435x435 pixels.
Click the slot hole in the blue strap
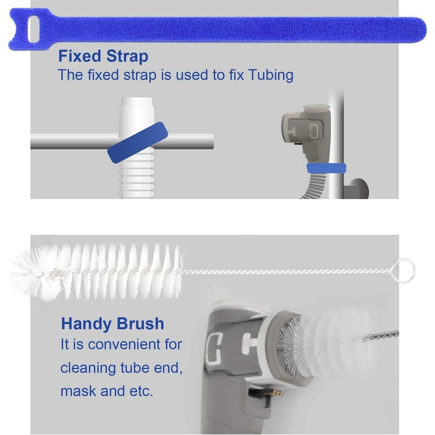tap(34, 29)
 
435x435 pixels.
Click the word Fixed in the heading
tap(79, 56)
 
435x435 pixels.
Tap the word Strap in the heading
tap(127, 57)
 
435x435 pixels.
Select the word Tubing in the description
tap(271, 75)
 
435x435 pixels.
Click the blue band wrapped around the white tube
tap(138, 142)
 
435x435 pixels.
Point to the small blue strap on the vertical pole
tap(326, 169)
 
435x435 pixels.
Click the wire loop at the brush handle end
tap(402, 269)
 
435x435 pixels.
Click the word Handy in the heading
tap(86, 324)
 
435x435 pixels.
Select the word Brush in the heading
tap(140, 324)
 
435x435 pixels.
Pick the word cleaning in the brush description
tap(89, 369)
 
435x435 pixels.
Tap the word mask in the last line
tap(78, 391)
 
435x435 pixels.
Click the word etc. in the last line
tap(141, 391)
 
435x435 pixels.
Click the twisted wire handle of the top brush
tap(286, 271)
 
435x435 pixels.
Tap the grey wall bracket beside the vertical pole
tap(357, 189)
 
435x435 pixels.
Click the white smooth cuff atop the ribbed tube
tap(136, 116)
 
